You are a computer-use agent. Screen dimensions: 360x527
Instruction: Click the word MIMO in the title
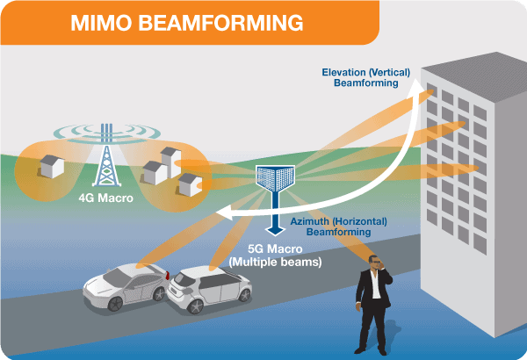(99, 24)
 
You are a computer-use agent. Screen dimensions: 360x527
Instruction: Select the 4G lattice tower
(106, 162)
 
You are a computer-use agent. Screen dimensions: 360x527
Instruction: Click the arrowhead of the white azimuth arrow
(224, 212)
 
